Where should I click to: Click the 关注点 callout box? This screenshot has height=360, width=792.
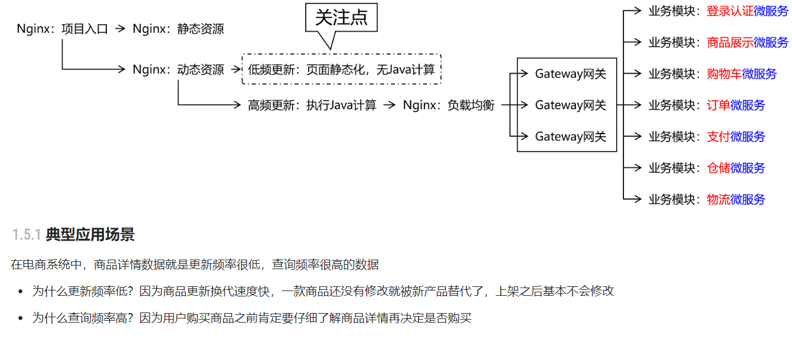tap(341, 18)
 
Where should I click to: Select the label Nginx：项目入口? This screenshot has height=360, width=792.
tap(62, 29)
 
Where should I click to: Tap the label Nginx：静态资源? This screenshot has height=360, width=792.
tap(179, 29)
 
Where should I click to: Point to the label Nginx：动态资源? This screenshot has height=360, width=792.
tap(179, 70)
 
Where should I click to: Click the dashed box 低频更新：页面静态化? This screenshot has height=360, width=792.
tap(341, 70)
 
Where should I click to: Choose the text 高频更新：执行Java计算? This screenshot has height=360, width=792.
tap(312, 105)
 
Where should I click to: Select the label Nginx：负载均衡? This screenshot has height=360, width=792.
tap(449, 105)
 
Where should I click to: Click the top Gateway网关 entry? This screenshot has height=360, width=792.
tap(571, 74)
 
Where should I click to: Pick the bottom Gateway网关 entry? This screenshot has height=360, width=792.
tap(571, 137)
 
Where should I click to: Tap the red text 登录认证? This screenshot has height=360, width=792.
tap(730, 11)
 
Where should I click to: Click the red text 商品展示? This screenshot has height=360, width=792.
tap(730, 42)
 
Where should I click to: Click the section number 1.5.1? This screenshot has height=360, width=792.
tap(26, 235)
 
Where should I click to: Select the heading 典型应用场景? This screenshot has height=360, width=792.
tap(90, 235)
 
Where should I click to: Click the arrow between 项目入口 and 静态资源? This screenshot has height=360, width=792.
tap(121, 29)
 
